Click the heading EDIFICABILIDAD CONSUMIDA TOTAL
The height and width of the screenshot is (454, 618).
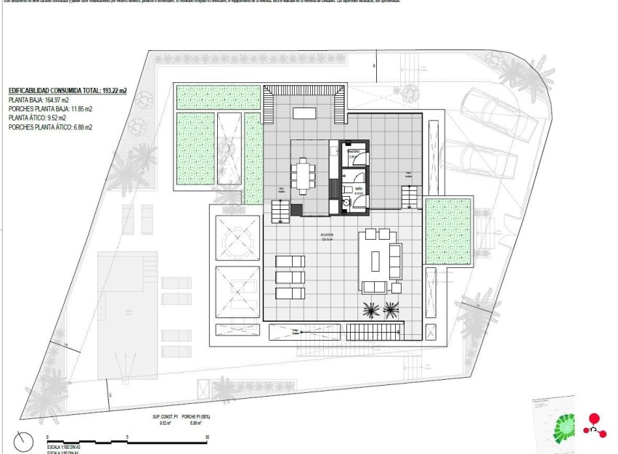(68, 91)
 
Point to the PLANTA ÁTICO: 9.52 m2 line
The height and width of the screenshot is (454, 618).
(37, 118)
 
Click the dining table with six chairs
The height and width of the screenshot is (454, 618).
(304, 176)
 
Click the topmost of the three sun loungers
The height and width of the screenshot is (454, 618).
(289, 262)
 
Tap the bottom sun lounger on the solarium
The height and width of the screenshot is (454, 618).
(289, 293)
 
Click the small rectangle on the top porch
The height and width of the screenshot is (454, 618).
(304, 113)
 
